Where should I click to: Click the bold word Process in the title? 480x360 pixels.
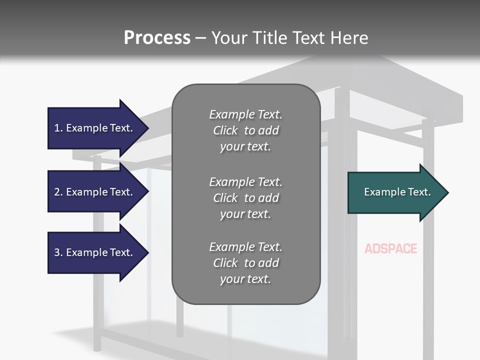(x=157, y=38)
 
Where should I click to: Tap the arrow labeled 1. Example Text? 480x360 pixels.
(x=95, y=128)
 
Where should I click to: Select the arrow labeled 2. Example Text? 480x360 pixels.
(x=95, y=192)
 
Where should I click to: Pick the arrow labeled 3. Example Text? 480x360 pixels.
(x=95, y=252)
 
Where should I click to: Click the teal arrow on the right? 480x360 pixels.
(x=395, y=192)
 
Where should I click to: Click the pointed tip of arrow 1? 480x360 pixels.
(x=147, y=128)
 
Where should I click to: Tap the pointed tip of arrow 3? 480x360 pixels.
(x=147, y=252)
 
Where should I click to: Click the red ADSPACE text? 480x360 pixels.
(x=390, y=248)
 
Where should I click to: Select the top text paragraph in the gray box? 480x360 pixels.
(x=245, y=130)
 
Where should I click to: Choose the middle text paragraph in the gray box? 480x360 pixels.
(x=245, y=198)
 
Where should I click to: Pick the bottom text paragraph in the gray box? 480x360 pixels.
(x=245, y=263)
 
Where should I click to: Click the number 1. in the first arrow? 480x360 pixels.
(x=58, y=128)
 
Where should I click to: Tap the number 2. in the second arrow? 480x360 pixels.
(x=58, y=192)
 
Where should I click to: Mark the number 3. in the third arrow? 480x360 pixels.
(x=58, y=252)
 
